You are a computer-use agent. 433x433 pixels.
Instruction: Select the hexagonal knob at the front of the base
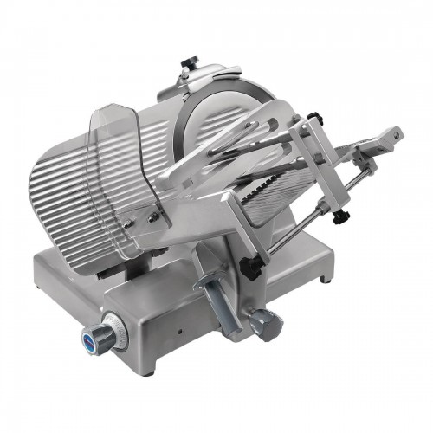(x=263, y=324)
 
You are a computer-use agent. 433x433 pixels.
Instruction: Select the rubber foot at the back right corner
(x=326, y=280)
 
